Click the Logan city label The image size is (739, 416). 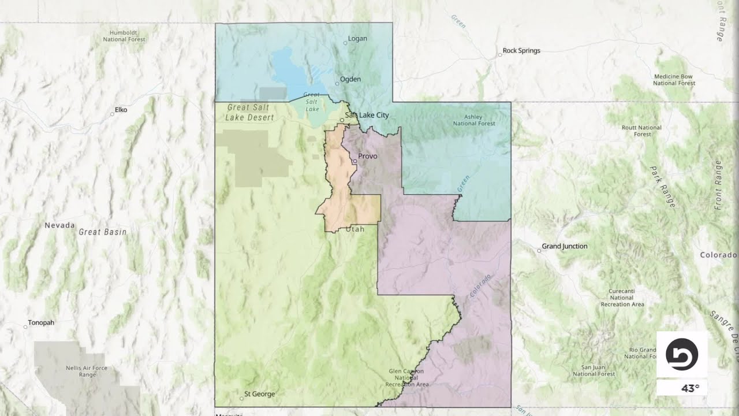[x=358, y=39]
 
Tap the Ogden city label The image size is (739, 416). [x=350, y=79]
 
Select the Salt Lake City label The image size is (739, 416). [x=367, y=116]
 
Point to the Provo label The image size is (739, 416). [x=367, y=157]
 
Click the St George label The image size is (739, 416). [x=259, y=394]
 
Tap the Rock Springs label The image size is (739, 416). [x=521, y=51]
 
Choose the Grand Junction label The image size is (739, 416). [x=564, y=247]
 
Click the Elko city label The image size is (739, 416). [x=121, y=110]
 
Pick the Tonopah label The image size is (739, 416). [x=41, y=323]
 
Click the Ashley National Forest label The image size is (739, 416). [x=473, y=120]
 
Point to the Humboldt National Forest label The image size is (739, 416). [x=124, y=36]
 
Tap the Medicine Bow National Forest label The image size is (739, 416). [x=674, y=80]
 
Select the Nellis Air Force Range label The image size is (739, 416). [x=87, y=372]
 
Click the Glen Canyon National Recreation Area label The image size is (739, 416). [x=407, y=378]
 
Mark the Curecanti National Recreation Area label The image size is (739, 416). [x=622, y=298]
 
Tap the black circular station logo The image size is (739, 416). [x=682, y=354]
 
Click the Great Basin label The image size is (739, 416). [x=102, y=232]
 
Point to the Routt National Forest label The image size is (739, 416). [x=642, y=131]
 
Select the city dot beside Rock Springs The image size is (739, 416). [x=500, y=55]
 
